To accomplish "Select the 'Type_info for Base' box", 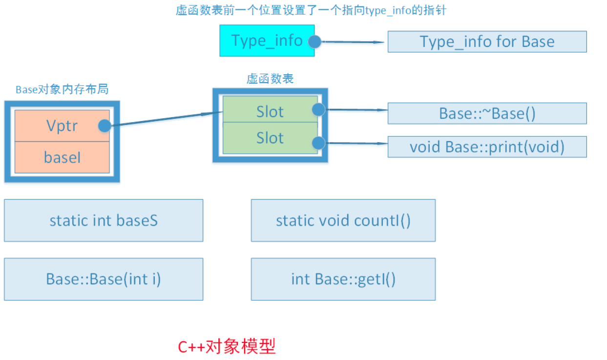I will click(487, 42).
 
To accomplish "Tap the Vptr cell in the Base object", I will click(62, 126).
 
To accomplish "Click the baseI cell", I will click(62, 157).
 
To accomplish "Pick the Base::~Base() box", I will click(487, 113).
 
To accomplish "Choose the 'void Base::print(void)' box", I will click(487, 147).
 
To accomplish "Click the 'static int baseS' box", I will click(104, 220).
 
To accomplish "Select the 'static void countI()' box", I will click(343, 220).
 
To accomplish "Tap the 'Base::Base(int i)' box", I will click(104, 279).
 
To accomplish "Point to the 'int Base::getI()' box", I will click(343, 279).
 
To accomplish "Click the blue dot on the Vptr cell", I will click(105, 126).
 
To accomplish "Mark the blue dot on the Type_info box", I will click(314, 42).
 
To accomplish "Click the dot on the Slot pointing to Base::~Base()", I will click(318, 109).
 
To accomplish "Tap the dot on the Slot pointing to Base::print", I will click(318, 143).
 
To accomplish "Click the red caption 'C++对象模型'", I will click(227, 346).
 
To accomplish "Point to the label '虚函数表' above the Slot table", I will click(270, 79).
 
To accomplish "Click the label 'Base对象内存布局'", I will click(62, 89).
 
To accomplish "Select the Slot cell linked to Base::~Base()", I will click(270, 112).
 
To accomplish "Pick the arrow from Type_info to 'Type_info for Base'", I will click(352, 42).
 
